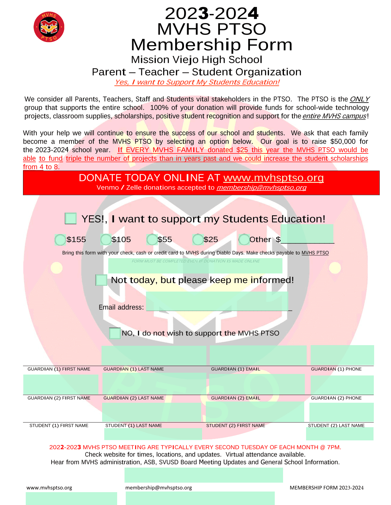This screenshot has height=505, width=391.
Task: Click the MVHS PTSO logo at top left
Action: (49, 27)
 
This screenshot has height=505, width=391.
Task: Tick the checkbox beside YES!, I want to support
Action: (71, 218)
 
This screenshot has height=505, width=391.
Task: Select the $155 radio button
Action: (60, 239)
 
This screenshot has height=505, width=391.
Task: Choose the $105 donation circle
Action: (106, 239)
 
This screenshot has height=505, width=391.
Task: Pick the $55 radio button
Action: (152, 239)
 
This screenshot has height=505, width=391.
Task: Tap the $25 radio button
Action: (198, 239)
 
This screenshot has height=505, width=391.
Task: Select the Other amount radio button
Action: (244, 239)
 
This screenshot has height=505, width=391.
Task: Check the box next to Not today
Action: (101, 280)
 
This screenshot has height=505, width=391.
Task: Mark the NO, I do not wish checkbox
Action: (115, 333)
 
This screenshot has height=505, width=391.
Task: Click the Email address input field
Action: (217, 302)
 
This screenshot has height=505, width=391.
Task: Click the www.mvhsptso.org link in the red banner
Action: (273, 178)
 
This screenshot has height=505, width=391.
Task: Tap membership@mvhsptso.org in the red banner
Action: (261, 187)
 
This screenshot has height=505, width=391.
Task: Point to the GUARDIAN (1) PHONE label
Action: (336, 369)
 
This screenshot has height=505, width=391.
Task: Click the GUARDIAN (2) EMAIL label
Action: (236, 398)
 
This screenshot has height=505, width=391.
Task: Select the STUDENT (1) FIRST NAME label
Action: (59, 426)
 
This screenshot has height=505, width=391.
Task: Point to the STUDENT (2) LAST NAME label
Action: (336, 426)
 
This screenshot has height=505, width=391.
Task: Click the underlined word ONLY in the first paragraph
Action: (359, 99)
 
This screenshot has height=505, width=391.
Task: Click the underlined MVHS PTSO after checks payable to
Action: (315, 253)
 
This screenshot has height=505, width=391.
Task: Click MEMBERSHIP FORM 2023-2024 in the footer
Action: (327, 488)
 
